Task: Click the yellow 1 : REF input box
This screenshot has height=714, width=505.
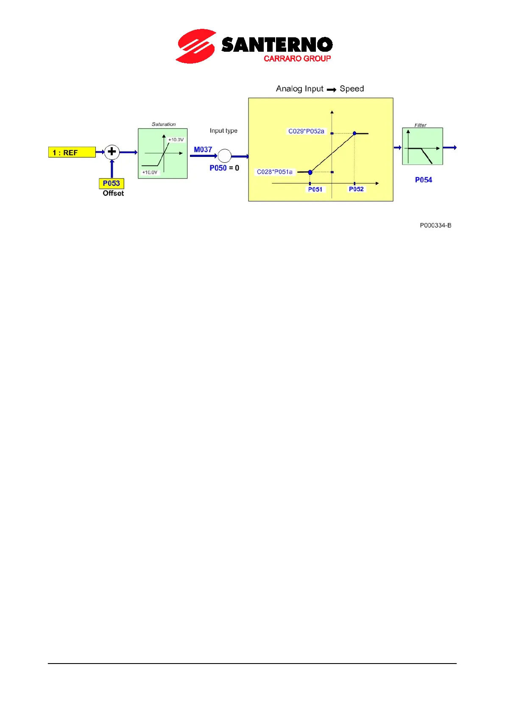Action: point(72,152)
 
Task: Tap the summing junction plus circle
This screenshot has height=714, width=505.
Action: point(112,152)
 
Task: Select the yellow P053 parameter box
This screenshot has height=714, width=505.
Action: point(112,183)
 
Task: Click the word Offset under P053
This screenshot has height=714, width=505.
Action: point(113,193)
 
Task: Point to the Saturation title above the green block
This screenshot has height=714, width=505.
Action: point(164,124)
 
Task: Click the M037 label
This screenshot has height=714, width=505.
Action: point(203,150)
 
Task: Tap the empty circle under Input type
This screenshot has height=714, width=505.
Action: point(224,156)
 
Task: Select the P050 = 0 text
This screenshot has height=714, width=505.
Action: point(224,168)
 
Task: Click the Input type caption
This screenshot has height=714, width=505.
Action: point(223,131)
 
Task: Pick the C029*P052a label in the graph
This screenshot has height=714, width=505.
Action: point(306,131)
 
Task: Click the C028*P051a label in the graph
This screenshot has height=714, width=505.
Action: point(275,172)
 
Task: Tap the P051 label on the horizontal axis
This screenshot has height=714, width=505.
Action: point(315,190)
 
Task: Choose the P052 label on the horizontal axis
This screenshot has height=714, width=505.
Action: point(356,189)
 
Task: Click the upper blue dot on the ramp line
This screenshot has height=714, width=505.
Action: point(354,134)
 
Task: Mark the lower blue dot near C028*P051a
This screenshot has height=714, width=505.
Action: point(310,172)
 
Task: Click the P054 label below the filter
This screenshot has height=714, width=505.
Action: point(423,180)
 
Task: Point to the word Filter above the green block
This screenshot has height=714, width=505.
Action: point(420,125)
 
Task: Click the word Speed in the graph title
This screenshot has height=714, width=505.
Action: point(352,89)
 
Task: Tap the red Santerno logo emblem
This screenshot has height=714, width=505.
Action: point(195,46)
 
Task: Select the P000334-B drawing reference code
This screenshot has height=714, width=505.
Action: point(435,226)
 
